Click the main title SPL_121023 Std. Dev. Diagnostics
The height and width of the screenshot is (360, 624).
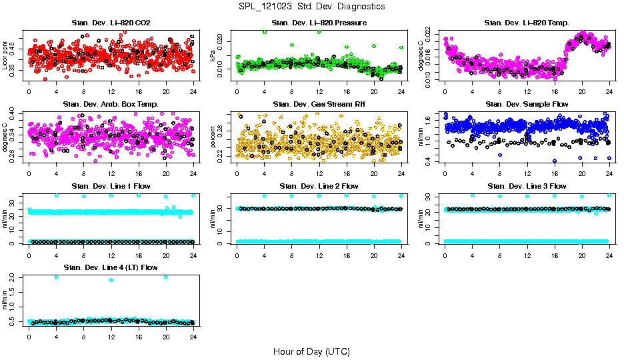tap(311, 7)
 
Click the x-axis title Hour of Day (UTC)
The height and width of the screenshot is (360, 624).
tap(311, 351)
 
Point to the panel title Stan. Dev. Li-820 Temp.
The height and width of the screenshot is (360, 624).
tap(527, 23)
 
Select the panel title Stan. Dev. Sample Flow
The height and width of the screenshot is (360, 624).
tap(527, 104)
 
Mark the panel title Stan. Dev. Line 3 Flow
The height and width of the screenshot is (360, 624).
tap(527, 186)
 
